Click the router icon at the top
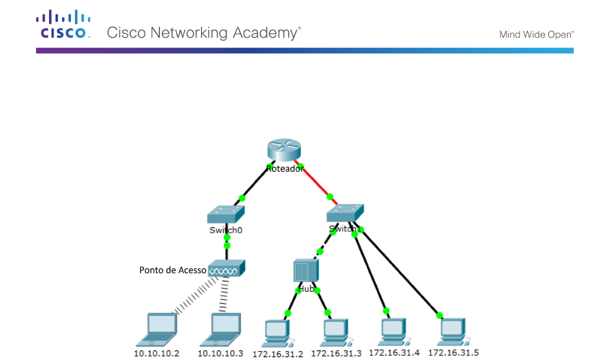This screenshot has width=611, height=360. (283, 148)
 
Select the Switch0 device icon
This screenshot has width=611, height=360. (226, 215)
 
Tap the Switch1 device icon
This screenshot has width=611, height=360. (345, 213)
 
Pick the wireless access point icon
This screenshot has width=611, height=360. (226, 268)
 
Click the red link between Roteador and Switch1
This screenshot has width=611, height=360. (315, 180)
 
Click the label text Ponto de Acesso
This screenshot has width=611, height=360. (172, 270)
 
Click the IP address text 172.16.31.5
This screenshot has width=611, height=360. (453, 353)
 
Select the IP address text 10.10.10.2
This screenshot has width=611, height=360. (156, 353)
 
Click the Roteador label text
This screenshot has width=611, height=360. (284, 169)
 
